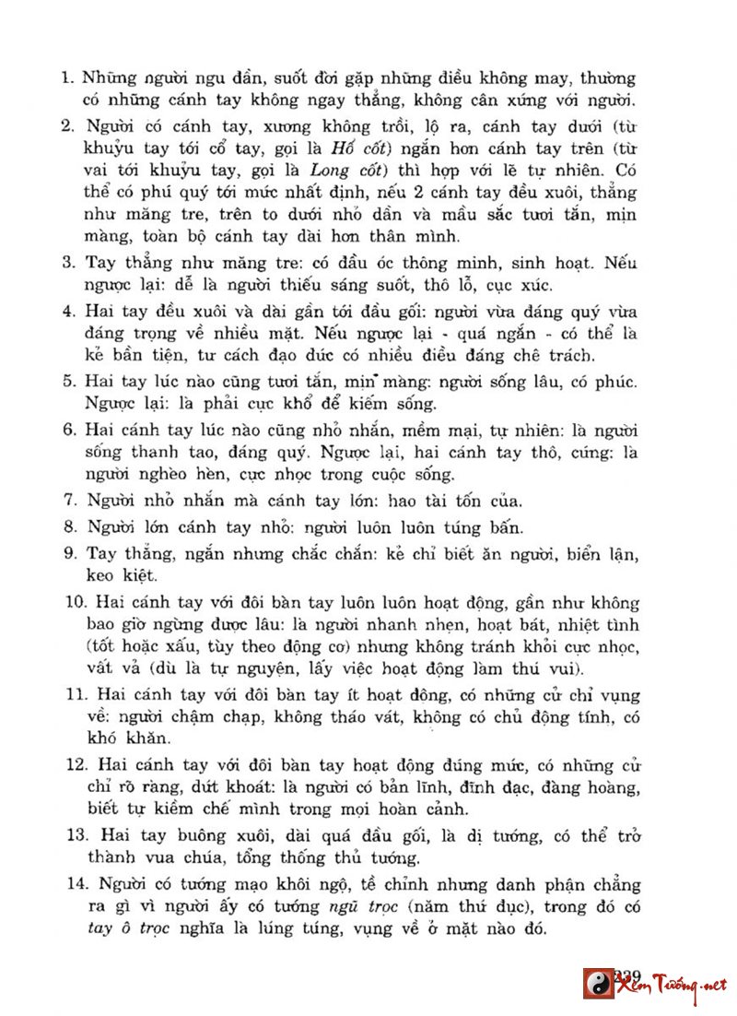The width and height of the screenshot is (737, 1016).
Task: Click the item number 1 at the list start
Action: pos(67,79)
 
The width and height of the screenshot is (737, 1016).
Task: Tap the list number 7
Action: pos(68,502)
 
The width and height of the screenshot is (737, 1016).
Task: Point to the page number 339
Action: pos(626,975)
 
